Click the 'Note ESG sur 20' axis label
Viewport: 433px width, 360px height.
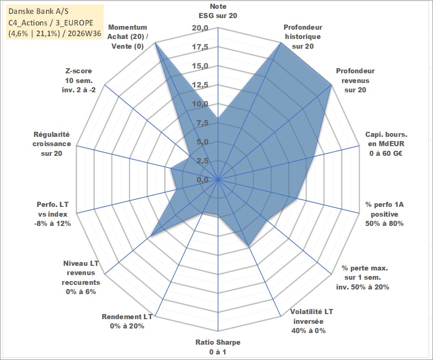point(218,11)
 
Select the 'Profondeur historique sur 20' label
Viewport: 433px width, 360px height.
point(303,37)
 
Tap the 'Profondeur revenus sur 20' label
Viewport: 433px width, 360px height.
point(355,80)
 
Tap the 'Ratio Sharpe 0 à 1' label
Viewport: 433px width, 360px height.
point(218,347)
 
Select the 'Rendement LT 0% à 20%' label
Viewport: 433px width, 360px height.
point(127,321)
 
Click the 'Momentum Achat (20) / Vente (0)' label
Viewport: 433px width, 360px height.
point(128,37)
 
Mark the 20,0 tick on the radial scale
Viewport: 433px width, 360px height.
point(200,28)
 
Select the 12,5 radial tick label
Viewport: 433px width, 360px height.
point(200,85)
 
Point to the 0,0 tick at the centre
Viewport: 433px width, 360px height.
point(203,180)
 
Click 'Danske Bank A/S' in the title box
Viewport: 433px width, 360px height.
point(39,11)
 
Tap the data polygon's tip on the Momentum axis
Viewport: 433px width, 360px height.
point(155,43)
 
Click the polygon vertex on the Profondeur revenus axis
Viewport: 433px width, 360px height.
point(331,85)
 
